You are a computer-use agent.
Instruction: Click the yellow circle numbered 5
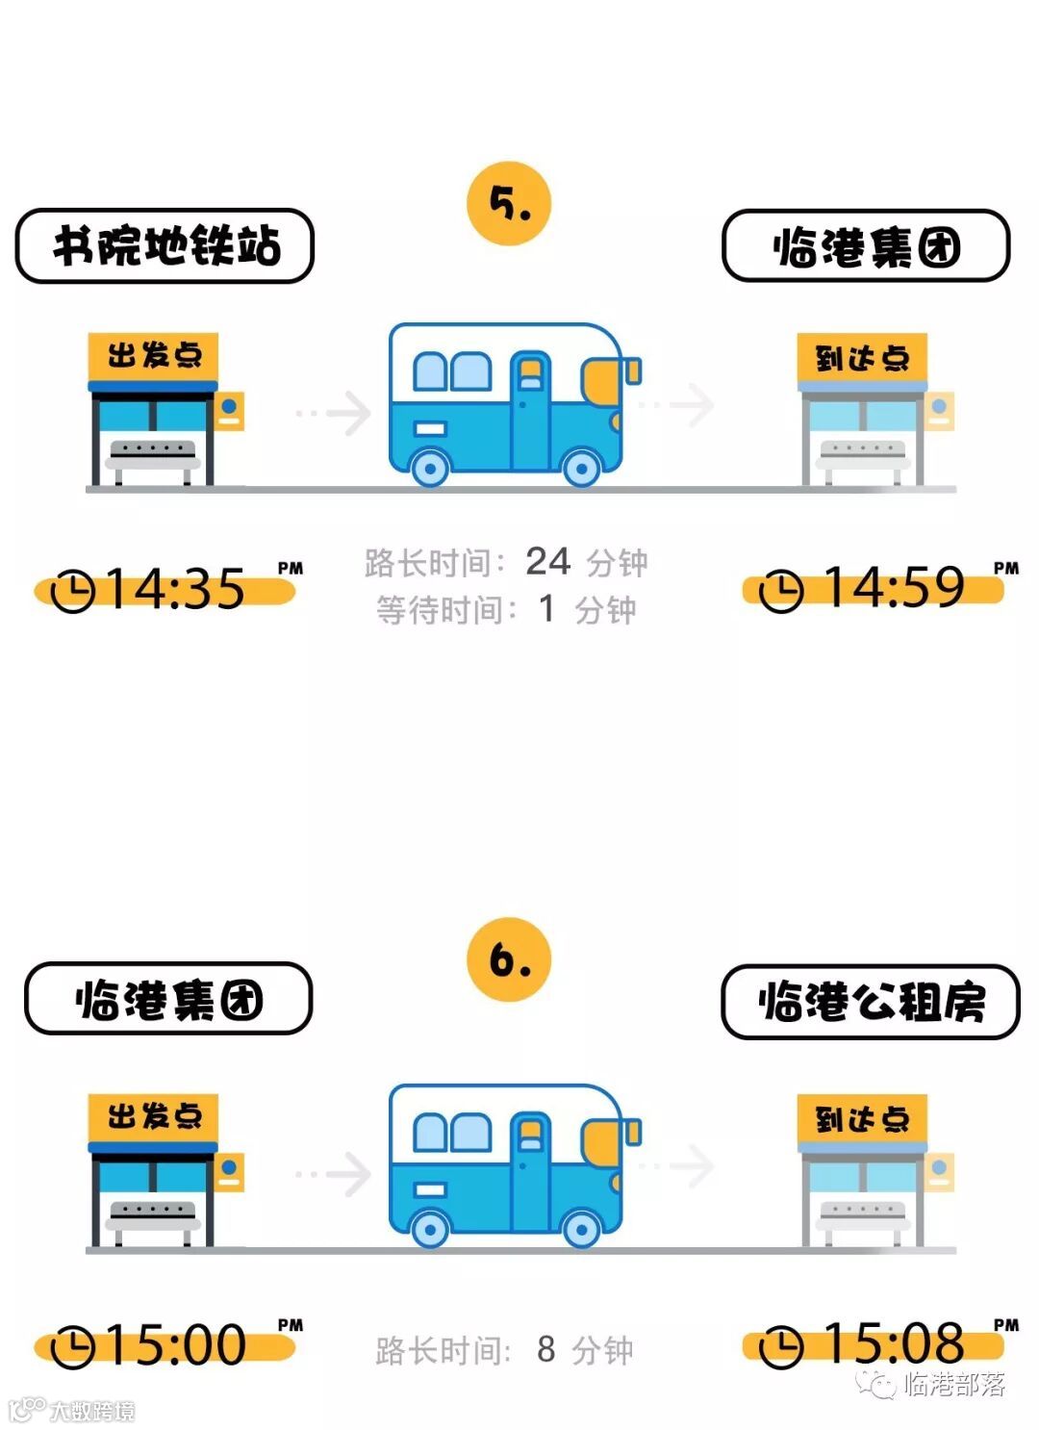click(508, 203)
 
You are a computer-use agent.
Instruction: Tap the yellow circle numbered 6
click(508, 959)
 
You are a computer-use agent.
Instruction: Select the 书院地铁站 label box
click(165, 246)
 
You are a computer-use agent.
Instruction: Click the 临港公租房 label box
click(870, 1002)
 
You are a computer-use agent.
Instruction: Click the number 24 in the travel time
click(547, 561)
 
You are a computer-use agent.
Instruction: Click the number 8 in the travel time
click(545, 1349)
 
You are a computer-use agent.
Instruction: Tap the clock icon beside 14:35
click(72, 590)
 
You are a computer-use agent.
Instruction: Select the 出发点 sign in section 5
click(153, 356)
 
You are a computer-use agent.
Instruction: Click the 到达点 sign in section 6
click(862, 1119)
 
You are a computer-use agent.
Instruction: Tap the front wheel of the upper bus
click(581, 468)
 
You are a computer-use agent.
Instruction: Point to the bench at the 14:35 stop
click(152, 454)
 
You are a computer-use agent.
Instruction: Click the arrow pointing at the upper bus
click(336, 413)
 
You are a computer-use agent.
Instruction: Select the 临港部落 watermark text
click(953, 1384)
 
